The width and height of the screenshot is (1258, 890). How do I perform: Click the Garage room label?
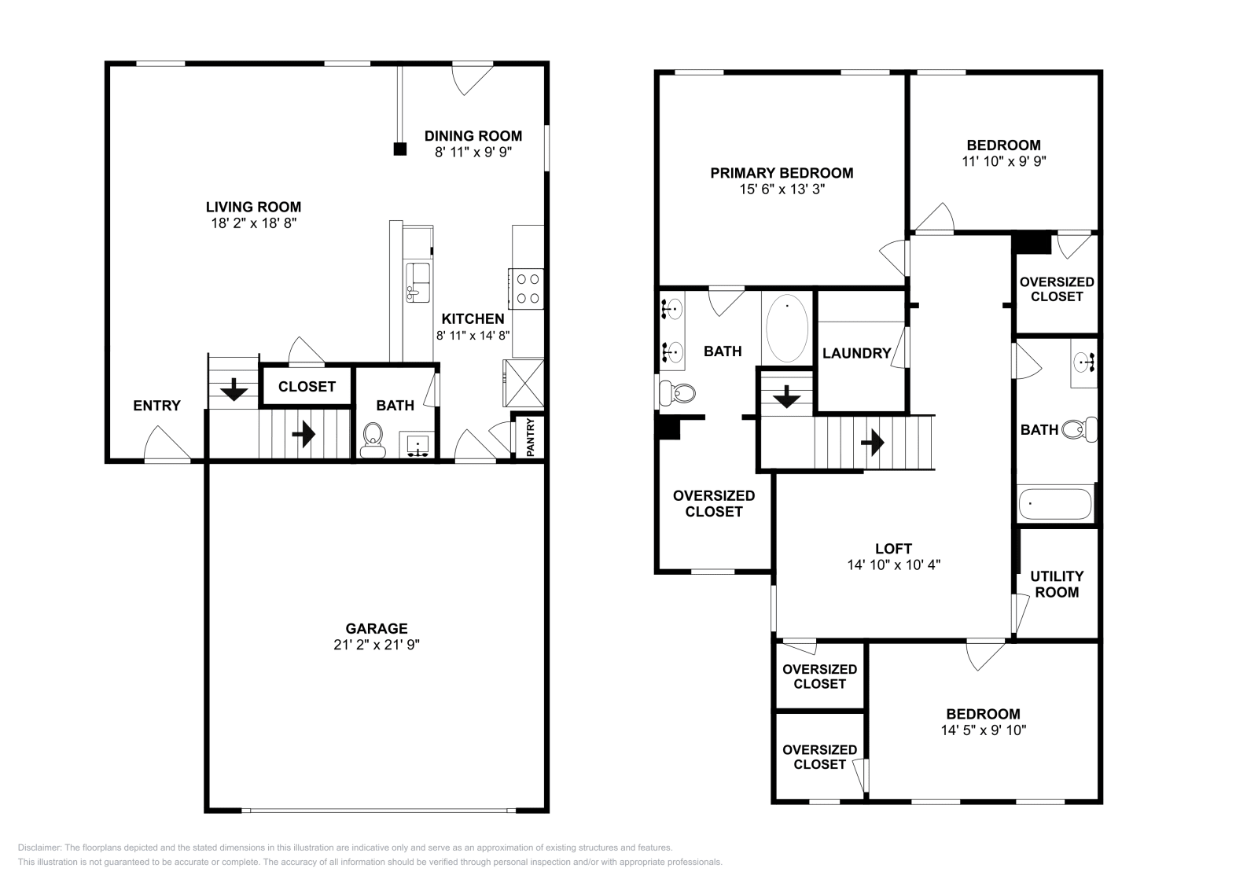coord(377,628)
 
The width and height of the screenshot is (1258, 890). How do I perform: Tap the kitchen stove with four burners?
coord(526,289)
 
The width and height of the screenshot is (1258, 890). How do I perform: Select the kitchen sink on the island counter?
coord(417,282)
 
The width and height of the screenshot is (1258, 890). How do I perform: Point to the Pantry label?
coord(531,437)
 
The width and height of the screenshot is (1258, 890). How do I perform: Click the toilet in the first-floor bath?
coord(373,440)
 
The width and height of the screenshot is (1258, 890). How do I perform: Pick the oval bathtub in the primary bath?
coord(787,328)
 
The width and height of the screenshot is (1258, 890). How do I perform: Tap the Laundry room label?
coord(856,353)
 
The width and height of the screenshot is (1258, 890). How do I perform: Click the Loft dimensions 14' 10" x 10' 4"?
coord(893,565)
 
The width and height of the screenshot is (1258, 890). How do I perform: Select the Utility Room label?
coord(1057,584)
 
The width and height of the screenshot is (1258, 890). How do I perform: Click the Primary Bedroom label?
coord(782,173)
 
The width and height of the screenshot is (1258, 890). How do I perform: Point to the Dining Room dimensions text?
coord(473,153)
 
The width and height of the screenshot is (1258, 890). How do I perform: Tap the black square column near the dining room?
coord(400,149)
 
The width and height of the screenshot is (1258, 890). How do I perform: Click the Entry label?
coord(156,406)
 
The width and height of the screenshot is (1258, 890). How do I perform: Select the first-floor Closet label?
coord(307,386)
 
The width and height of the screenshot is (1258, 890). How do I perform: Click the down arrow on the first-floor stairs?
coord(234,389)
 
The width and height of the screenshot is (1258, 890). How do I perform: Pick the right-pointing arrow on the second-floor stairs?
coord(872,443)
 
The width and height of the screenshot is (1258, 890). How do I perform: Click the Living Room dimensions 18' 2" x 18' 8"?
coord(253,223)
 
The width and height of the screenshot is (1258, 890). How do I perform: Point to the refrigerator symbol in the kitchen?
coord(524,384)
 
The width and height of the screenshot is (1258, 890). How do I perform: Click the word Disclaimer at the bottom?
coord(39,848)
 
